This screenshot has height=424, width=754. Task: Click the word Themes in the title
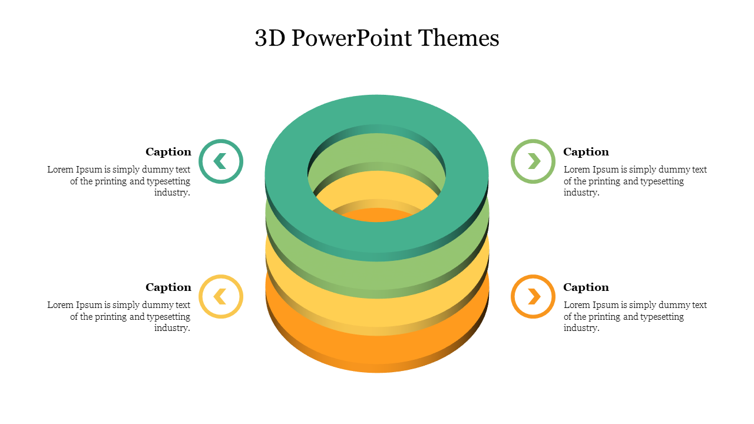coord(459,38)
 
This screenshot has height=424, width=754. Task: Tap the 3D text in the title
coord(270,38)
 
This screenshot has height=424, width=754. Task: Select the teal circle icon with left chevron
coord(221,161)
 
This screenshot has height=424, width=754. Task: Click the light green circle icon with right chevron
coord(533,161)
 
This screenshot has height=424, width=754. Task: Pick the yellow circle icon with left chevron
coord(221,296)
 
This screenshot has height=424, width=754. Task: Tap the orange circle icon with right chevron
coord(533,296)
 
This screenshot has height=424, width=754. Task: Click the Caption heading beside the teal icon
coord(168,152)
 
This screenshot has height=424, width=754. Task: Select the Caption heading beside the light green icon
coord(586,152)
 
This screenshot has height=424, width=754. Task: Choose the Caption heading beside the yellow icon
coord(168,287)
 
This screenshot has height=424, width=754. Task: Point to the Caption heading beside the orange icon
coord(586,287)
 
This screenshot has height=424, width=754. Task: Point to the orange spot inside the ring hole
coord(377,216)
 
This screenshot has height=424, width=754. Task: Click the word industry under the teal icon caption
coord(172,193)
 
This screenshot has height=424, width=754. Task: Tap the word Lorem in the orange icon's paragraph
coord(577,305)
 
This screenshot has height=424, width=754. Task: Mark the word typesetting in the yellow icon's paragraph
coord(168,317)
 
